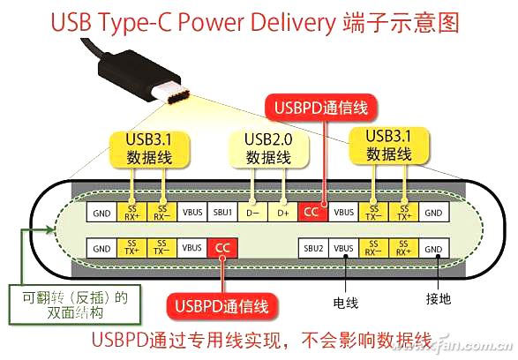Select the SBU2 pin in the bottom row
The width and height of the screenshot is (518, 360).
click(x=313, y=250)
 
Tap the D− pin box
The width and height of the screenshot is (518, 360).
click(x=251, y=213)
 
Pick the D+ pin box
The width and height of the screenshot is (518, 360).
click(x=282, y=213)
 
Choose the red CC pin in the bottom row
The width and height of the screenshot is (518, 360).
click(x=221, y=250)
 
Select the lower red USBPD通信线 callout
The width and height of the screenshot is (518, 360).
click(x=223, y=306)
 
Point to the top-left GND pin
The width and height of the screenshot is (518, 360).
click(x=101, y=213)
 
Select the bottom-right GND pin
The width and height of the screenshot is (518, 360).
click(x=432, y=250)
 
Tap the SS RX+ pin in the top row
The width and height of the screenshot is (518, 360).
click(x=131, y=213)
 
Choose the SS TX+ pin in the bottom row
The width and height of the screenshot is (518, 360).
click(x=131, y=250)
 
